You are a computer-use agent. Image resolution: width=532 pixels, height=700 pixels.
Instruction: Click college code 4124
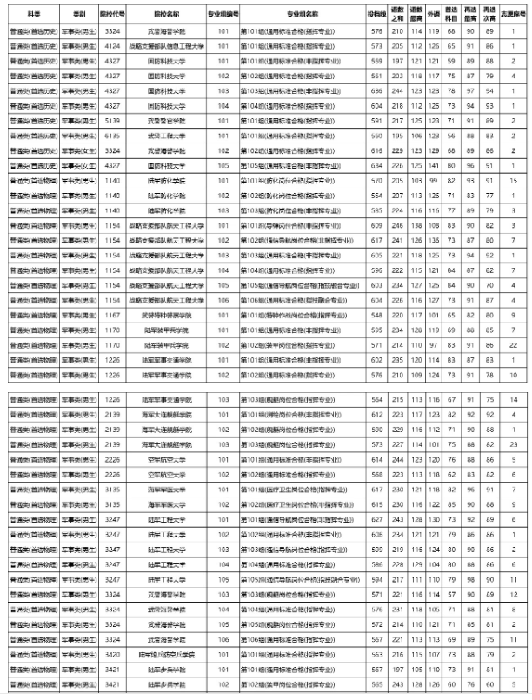point(112,45)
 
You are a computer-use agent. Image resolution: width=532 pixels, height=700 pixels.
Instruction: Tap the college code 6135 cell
point(112,136)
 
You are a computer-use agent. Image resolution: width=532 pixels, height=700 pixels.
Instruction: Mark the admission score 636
point(376,90)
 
